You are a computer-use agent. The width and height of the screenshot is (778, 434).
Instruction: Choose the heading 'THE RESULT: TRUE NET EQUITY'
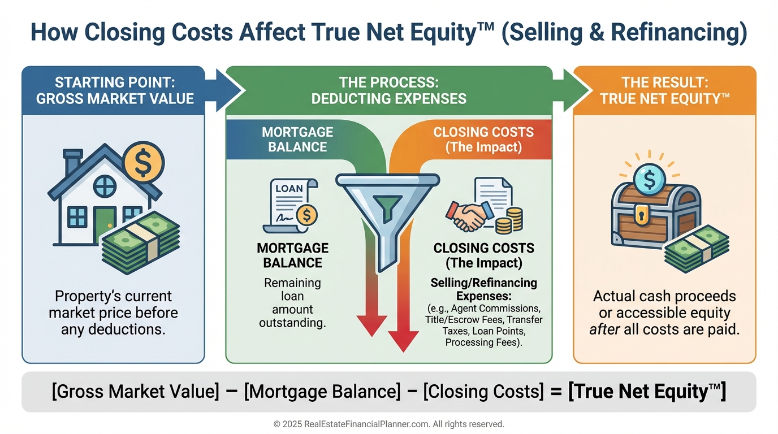click(x=664, y=90)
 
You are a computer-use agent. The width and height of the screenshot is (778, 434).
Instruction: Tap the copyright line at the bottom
click(x=388, y=424)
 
